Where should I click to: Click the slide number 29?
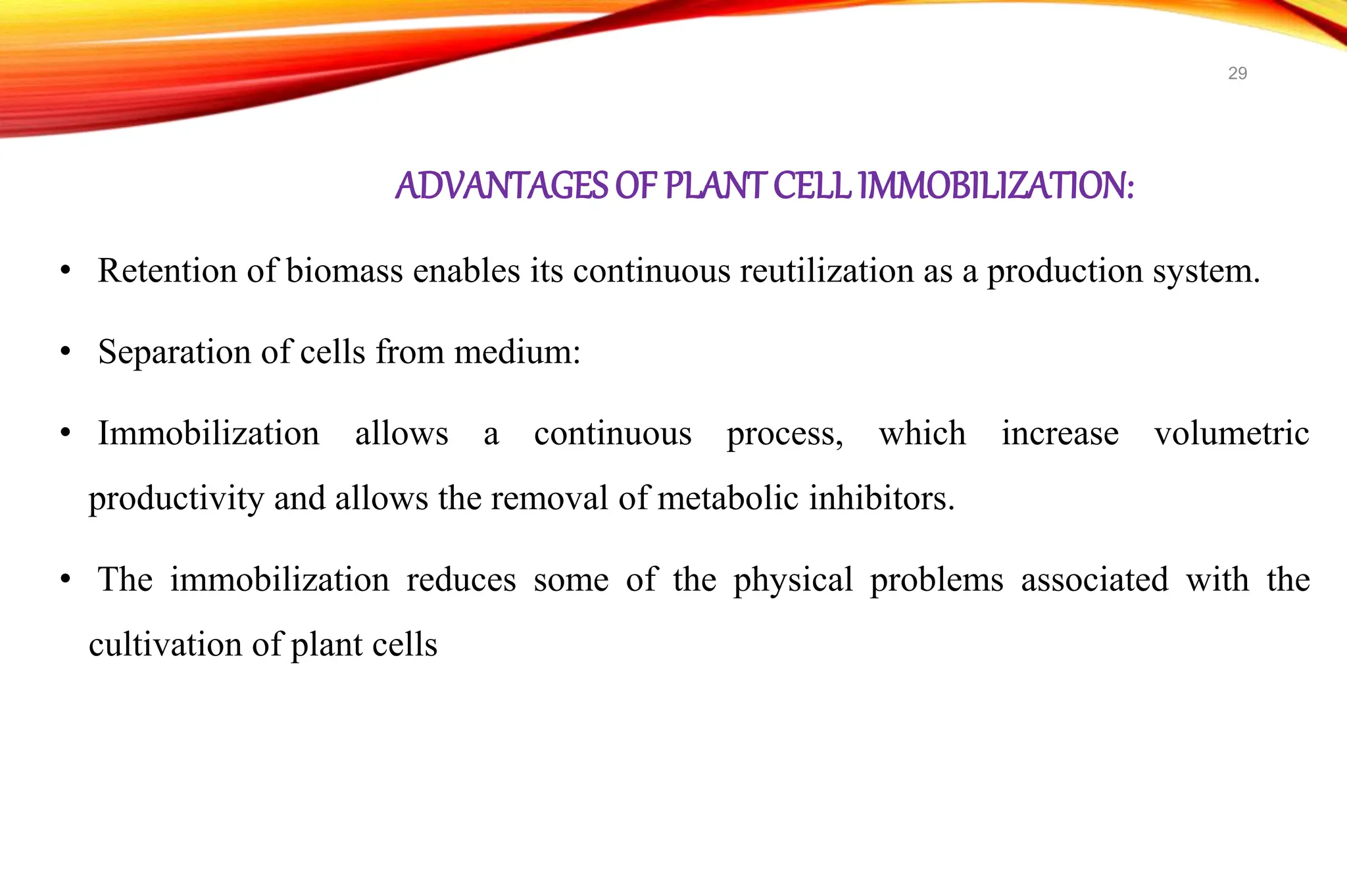tap(1237, 73)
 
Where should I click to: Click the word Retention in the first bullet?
tap(167, 270)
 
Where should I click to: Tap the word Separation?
tap(174, 352)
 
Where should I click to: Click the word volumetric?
tap(1231, 434)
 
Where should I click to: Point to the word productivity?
tap(176, 499)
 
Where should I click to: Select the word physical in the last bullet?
tap(793, 581)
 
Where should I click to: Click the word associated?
tap(1094, 580)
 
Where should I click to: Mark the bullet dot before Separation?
tap(64, 352)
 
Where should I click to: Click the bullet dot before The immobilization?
tap(64, 580)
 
